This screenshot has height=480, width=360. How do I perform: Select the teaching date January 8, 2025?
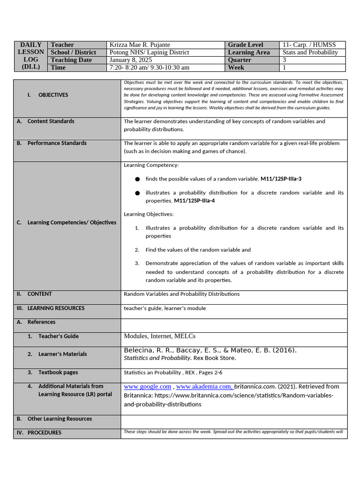tap(131, 60)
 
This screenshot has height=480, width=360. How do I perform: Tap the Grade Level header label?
tap(246, 45)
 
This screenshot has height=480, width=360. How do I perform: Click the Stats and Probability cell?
tap(310, 52)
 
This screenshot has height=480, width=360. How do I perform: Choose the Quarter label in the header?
tap(240, 60)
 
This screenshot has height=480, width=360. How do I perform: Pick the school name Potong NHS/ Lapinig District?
tap(149, 52)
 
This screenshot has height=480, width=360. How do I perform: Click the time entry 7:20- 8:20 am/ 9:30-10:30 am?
tap(149, 67)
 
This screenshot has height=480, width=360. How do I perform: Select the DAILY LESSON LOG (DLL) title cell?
tap(31, 56)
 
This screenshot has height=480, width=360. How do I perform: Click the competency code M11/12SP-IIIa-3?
tap(281, 179)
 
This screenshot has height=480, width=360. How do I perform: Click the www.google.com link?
tap(147, 387)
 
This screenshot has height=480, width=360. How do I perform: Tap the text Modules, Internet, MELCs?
tap(159, 336)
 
